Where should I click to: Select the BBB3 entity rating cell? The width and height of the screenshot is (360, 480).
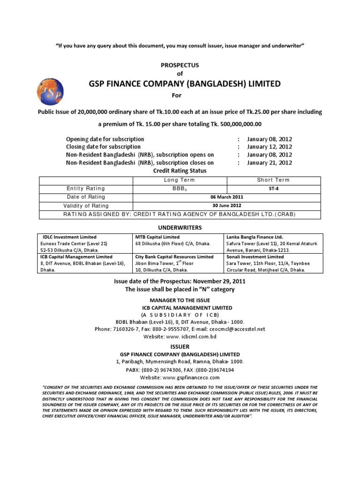tap(180, 188)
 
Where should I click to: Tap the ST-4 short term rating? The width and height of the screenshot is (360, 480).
tap(273, 188)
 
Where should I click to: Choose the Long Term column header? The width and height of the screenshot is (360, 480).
tap(180, 180)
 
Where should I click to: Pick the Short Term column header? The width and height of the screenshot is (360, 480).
tap(273, 180)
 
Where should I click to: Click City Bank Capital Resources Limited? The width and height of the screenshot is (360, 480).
tap(174, 257)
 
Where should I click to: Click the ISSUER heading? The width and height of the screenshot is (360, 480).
tap(180, 346)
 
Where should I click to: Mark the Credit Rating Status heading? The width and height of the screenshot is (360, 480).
tap(180, 171)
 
